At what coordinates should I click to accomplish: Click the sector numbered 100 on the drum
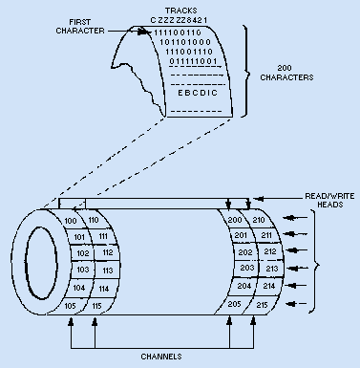[71, 221]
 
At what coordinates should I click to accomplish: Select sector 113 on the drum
[108, 271]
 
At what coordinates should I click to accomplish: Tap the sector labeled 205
[234, 304]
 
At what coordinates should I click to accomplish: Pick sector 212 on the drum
[270, 251]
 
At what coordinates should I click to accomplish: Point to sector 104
[79, 288]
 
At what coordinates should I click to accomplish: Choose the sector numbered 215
[262, 305]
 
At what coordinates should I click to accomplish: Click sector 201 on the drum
[241, 235]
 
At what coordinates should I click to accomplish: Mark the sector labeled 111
[103, 236]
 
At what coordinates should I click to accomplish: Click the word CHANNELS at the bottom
[161, 357]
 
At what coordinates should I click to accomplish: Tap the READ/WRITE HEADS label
[329, 200]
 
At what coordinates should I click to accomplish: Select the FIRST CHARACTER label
[80, 27]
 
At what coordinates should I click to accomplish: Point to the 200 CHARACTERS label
[286, 73]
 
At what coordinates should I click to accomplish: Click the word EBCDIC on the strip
[198, 93]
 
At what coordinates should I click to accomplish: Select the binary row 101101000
[185, 42]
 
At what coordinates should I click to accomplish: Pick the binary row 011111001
[193, 61]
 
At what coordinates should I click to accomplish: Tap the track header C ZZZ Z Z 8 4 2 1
[179, 20]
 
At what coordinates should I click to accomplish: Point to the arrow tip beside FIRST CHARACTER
[150, 32]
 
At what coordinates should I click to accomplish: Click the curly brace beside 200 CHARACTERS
[247, 73]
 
